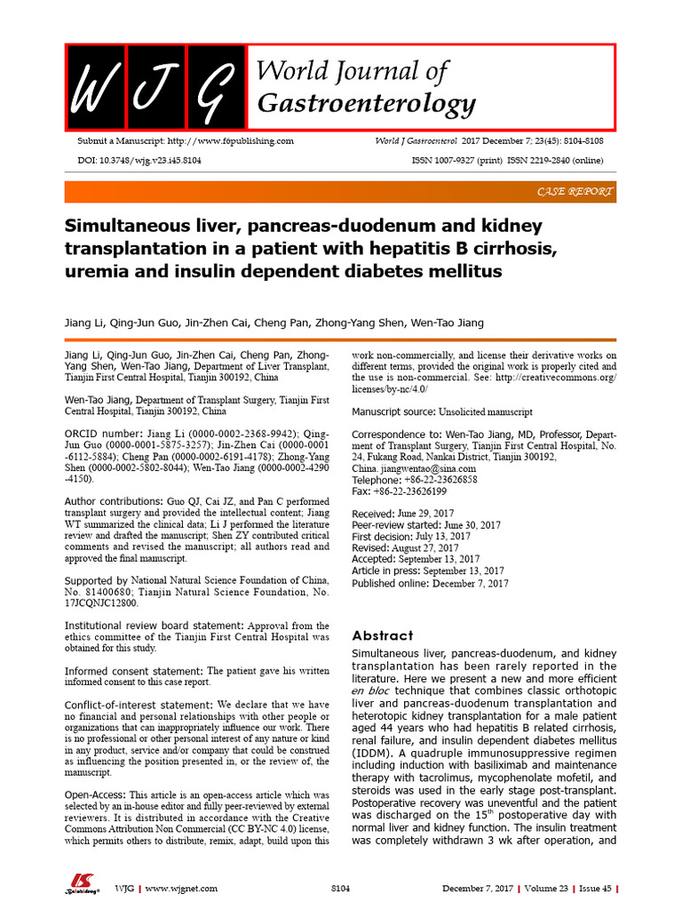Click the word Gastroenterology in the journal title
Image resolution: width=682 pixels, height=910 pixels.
366,104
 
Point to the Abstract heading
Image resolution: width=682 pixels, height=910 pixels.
383,635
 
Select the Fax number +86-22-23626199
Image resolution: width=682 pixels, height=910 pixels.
413,491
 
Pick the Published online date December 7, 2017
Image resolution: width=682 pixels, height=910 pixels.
470,584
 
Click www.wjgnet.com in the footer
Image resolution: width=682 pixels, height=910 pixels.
181,888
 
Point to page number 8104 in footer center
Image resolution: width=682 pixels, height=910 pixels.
341,888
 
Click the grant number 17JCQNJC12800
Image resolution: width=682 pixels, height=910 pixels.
102,603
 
